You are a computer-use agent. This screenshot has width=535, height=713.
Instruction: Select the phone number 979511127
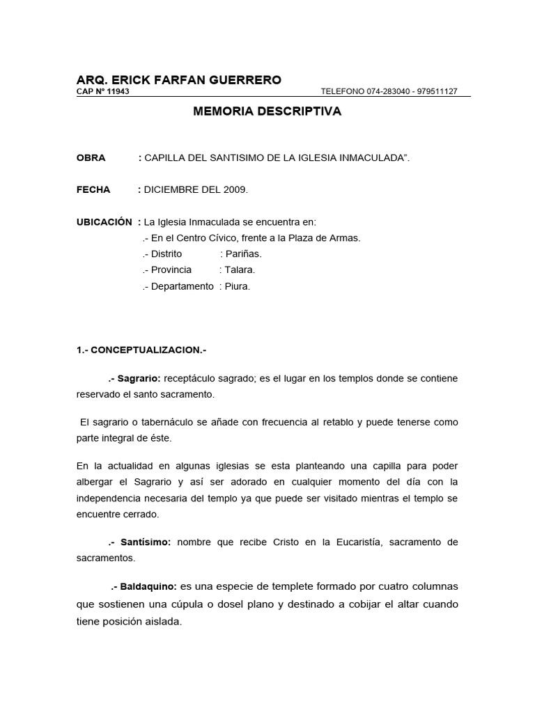click(x=437, y=92)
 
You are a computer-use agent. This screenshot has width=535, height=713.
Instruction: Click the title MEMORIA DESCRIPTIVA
click(x=267, y=111)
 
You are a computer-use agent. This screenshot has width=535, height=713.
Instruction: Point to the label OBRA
click(x=91, y=158)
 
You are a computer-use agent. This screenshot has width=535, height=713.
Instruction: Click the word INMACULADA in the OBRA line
click(x=373, y=158)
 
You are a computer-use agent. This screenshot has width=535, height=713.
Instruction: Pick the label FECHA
click(x=93, y=189)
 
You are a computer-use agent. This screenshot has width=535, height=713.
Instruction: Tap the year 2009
click(x=235, y=189)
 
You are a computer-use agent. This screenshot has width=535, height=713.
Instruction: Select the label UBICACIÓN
click(x=104, y=222)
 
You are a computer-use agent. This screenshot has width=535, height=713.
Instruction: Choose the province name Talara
click(x=240, y=270)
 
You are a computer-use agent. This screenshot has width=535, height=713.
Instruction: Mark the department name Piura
click(x=237, y=286)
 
